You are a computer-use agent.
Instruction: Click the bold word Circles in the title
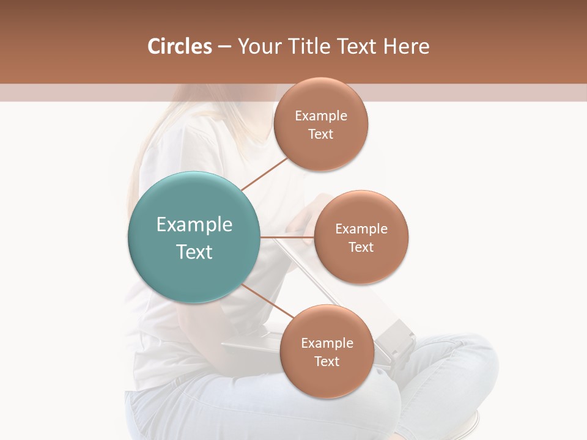point(180,46)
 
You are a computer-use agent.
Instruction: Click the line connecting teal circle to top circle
point(264,174)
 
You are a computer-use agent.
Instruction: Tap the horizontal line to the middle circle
point(287,237)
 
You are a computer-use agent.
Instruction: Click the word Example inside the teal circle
point(194,225)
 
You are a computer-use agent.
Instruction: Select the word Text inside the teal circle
point(194,252)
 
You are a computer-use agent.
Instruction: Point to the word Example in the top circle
point(321,116)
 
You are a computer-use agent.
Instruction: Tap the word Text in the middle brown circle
point(361,247)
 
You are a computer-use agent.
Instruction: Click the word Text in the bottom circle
point(327,361)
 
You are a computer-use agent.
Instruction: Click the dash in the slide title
point(224,46)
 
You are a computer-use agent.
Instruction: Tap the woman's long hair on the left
point(138,177)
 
